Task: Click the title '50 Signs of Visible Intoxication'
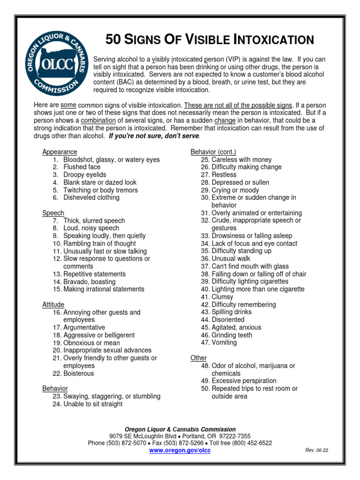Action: [210, 40]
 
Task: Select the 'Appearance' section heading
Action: [60, 152]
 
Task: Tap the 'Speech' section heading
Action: [53, 213]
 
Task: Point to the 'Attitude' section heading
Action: [53, 305]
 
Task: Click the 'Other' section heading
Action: [198, 358]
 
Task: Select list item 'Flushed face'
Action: [82, 167]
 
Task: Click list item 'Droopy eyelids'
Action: [85, 175]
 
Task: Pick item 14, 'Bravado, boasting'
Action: [89, 282]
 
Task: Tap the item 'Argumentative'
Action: [84, 328]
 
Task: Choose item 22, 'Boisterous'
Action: [78, 374]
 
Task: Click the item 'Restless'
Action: [224, 175]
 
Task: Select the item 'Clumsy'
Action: [223, 297]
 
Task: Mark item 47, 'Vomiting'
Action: [224, 343]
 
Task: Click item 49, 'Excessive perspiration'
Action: [244, 381]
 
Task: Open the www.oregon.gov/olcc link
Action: [180, 450]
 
